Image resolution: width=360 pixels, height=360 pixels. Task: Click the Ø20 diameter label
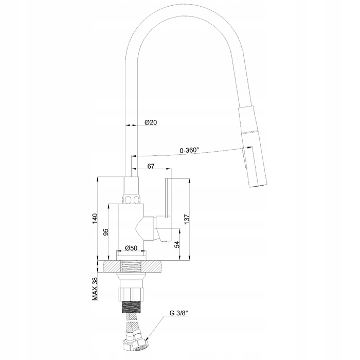(x=151, y=122)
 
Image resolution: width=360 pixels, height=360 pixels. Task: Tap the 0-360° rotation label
(x=189, y=150)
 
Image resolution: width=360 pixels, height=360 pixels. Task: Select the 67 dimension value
(x=151, y=166)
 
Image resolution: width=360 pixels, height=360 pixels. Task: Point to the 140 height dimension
(x=95, y=219)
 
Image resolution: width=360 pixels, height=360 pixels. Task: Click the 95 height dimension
(x=106, y=232)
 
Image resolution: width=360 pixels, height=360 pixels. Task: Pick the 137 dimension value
(x=187, y=219)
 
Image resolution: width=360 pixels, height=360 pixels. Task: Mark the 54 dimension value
(x=177, y=244)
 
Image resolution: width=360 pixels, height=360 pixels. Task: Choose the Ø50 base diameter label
(x=131, y=248)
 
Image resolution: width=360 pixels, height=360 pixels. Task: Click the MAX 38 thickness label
(x=95, y=289)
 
